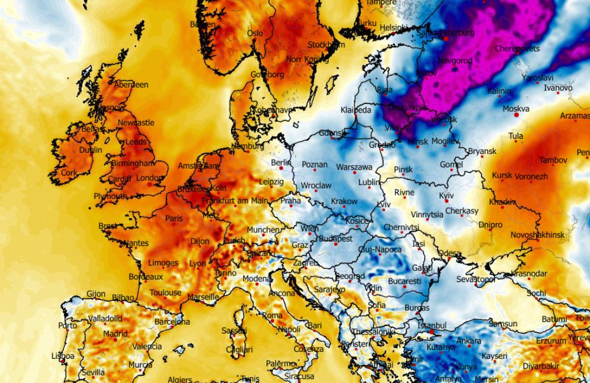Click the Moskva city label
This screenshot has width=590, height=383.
(x=516, y=108)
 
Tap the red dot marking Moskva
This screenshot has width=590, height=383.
(x=516, y=115)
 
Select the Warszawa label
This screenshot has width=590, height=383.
(x=354, y=167)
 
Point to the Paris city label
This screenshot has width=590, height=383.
(x=174, y=219)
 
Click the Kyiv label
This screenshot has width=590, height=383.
(x=447, y=196)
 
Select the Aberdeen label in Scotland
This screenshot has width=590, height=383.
(x=131, y=85)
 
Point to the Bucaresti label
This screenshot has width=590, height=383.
(x=405, y=281)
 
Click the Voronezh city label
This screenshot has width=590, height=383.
(x=531, y=177)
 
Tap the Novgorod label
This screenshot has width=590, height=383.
(x=455, y=60)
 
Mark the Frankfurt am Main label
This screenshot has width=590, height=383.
(x=235, y=201)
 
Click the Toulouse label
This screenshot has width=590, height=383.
(x=165, y=292)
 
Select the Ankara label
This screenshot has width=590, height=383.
(x=468, y=341)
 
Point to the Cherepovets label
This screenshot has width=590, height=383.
(x=517, y=48)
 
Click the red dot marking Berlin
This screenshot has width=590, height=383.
(x=281, y=168)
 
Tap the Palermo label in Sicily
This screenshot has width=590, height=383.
(x=281, y=364)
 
